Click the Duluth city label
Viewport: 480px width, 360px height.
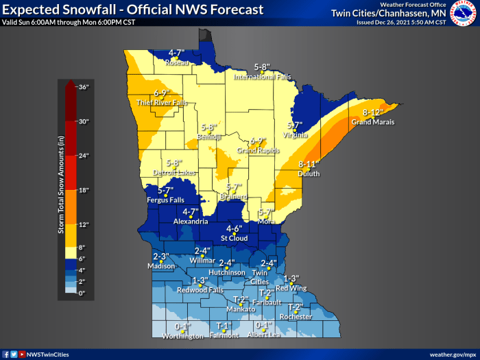pyautogui.click(x=309, y=174)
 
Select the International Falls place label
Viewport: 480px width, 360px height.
pyautogui.click(x=263, y=77)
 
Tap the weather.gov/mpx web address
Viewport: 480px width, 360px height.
pyautogui.click(x=453, y=354)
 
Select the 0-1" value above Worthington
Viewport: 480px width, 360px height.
pyautogui.click(x=183, y=326)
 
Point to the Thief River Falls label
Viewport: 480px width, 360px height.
pyautogui.click(x=161, y=102)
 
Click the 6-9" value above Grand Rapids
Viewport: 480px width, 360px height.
pyautogui.click(x=257, y=141)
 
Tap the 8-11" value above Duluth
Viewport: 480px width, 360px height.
pyautogui.click(x=309, y=165)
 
